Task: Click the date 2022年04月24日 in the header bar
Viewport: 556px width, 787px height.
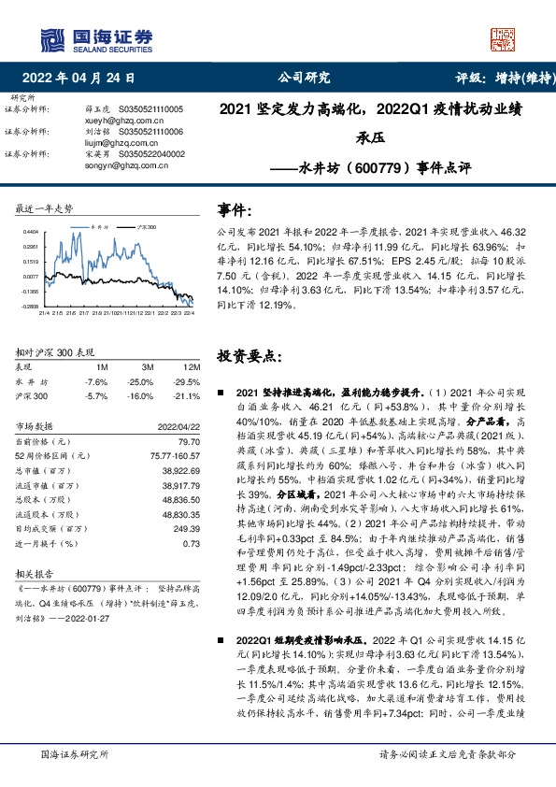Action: point(84,79)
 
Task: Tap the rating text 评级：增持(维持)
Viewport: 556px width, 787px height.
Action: point(493,79)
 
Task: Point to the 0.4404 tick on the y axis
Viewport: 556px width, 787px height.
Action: point(31,231)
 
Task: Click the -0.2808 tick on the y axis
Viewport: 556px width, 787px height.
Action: point(31,306)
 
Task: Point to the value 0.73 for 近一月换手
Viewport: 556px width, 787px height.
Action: point(192,543)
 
